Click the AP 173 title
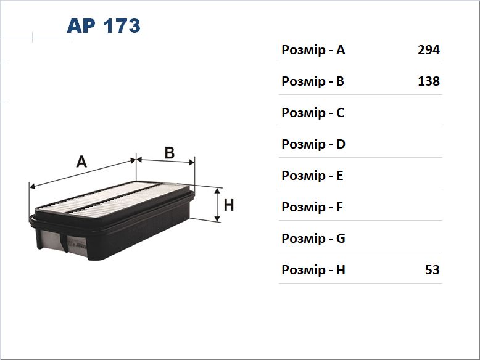pyautogui.click(x=104, y=26)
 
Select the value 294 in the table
pyautogui.click(x=429, y=50)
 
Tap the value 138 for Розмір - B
pyautogui.click(x=429, y=81)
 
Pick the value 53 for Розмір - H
pyautogui.click(x=432, y=270)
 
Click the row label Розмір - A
pyautogui.click(x=313, y=50)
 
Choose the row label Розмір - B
pyautogui.click(x=313, y=81)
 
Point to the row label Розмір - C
pyautogui.click(x=313, y=113)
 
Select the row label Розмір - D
pyautogui.click(x=313, y=144)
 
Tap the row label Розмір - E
pyautogui.click(x=312, y=176)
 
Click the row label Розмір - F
pyautogui.click(x=312, y=207)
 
